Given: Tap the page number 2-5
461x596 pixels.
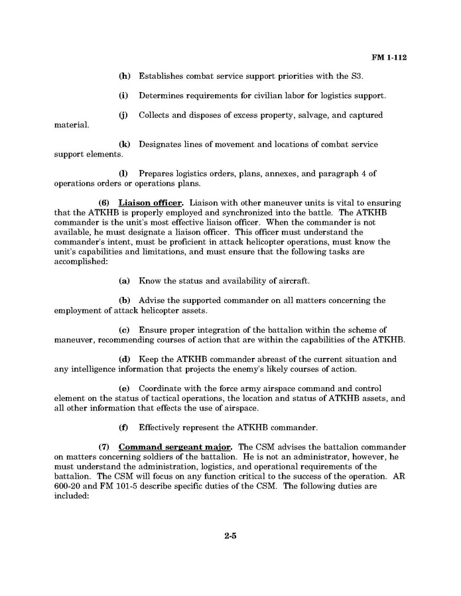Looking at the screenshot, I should pyautogui.click(x=230, y=536).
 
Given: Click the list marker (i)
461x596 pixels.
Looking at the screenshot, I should pyautogui.click(x=124, y=95).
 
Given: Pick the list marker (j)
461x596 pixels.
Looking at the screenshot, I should pyautogui.click(x=124, y=115).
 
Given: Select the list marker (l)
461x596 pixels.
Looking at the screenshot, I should pyautogui.click(x=124, y=173).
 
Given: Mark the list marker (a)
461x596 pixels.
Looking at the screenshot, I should pyautogui.click(x=124, y=280).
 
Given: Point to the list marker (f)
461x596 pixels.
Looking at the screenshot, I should pyautogui.click(x=124, y=427).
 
